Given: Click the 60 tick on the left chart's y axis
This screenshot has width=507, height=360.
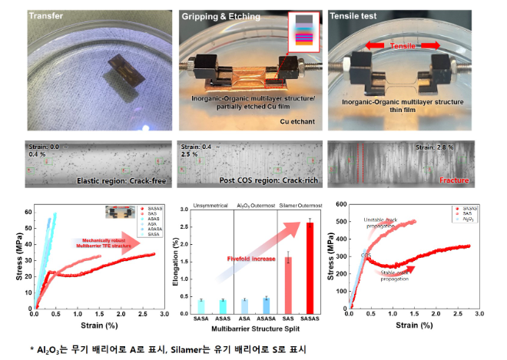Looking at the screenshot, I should pos(27,211).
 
